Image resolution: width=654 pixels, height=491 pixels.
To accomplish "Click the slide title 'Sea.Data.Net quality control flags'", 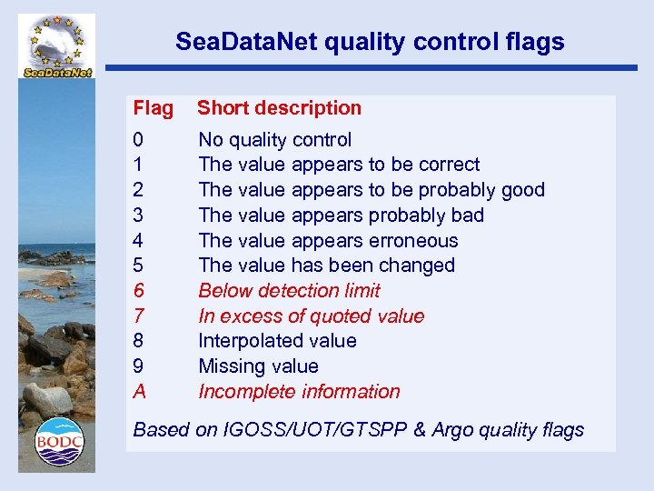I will click(370, 42).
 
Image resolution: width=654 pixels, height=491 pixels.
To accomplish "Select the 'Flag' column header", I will click(153, 108).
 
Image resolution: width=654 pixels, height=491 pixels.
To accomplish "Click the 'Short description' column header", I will click(279, 108).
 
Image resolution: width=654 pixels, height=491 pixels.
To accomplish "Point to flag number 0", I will click(138, 140).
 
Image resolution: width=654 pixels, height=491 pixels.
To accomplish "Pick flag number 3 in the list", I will click(138, 215).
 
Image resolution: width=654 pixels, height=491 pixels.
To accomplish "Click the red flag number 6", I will click(138, 291).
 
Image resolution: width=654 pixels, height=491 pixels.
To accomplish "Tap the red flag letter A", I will click(139, 392).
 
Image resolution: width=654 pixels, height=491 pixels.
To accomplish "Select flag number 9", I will click(138, 366).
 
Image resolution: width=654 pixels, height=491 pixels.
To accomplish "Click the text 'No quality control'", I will click(274, 140).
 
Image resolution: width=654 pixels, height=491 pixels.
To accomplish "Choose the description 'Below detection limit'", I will click(289, 291).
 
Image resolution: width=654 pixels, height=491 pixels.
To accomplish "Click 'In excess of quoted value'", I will click(311, 316).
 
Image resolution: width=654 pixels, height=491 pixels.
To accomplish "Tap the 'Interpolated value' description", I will click(277, 341).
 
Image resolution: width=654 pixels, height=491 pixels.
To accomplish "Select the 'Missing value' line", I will click(258, 366).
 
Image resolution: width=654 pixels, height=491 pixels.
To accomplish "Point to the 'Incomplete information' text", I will click(299, 392).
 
